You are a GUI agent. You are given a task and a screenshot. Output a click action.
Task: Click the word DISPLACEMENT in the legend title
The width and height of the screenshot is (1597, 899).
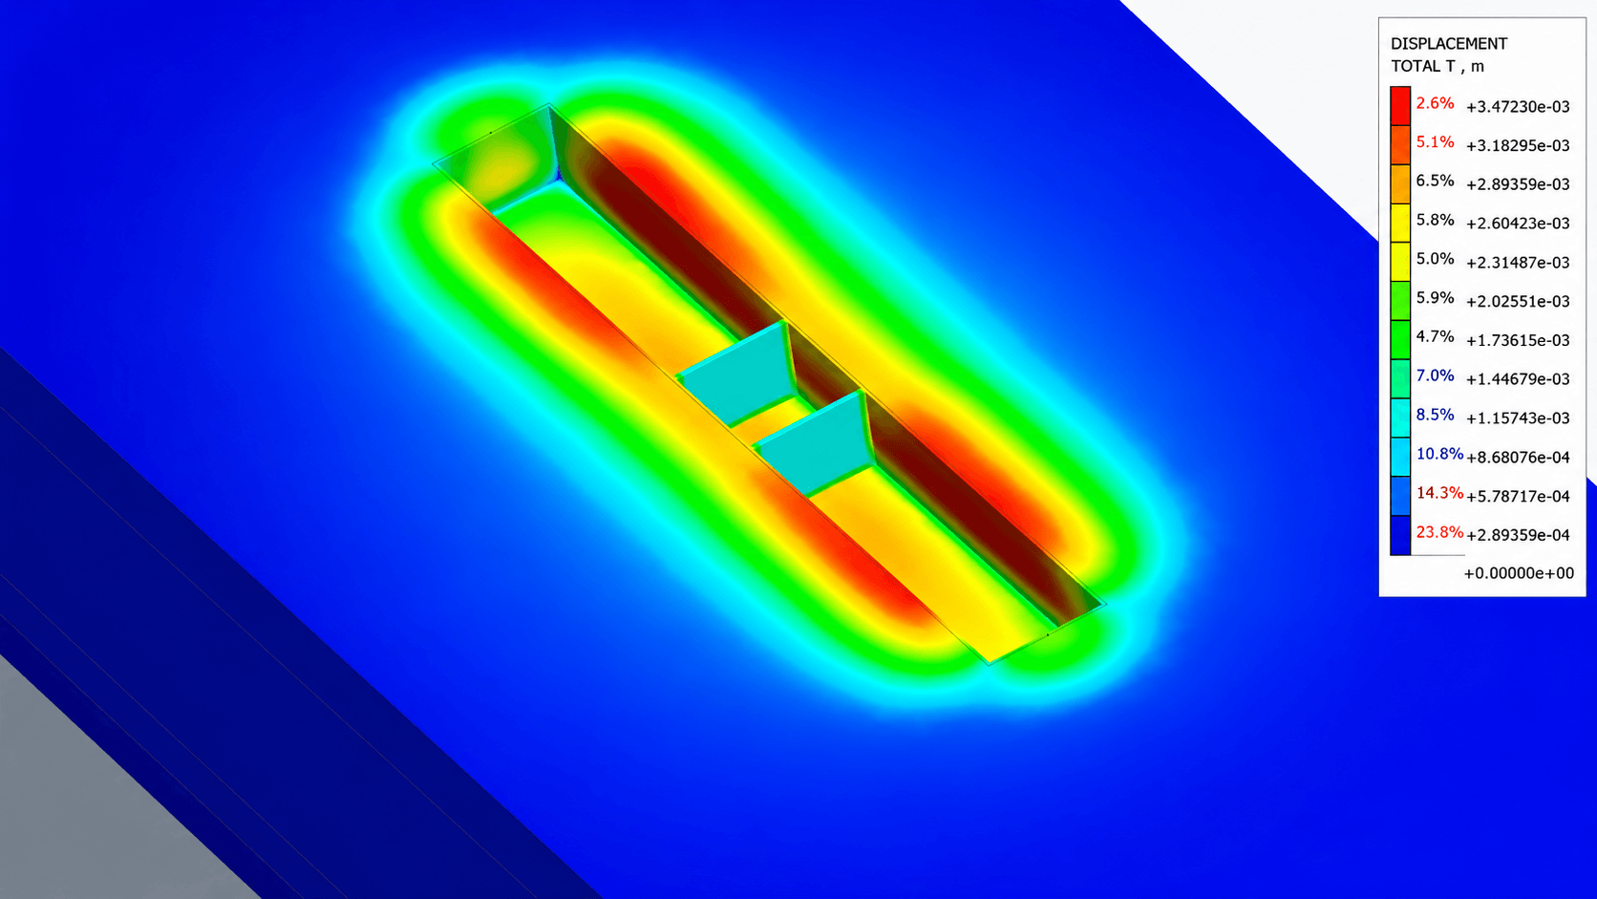[1449, 44]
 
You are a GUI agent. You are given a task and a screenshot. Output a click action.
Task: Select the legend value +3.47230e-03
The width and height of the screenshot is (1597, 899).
[1518, 107]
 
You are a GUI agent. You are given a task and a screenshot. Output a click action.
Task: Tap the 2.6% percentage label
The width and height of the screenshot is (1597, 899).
[1436, 103]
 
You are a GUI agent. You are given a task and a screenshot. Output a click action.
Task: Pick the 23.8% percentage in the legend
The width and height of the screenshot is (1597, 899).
[1439, 532]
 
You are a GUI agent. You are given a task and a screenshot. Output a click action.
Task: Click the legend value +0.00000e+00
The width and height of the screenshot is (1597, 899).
[1519, 573]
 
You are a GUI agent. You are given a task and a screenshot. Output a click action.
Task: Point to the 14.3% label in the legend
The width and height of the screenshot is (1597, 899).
[1439, 493]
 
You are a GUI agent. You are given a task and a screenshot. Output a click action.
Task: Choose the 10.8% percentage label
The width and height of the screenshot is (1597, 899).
[1439, 454]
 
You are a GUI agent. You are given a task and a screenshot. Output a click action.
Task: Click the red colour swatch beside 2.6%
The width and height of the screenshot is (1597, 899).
[1400, 106]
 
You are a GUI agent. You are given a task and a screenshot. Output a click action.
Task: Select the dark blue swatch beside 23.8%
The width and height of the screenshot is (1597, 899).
[1400, 535]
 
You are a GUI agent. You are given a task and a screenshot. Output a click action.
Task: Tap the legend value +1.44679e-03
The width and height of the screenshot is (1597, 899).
[1518, 379]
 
